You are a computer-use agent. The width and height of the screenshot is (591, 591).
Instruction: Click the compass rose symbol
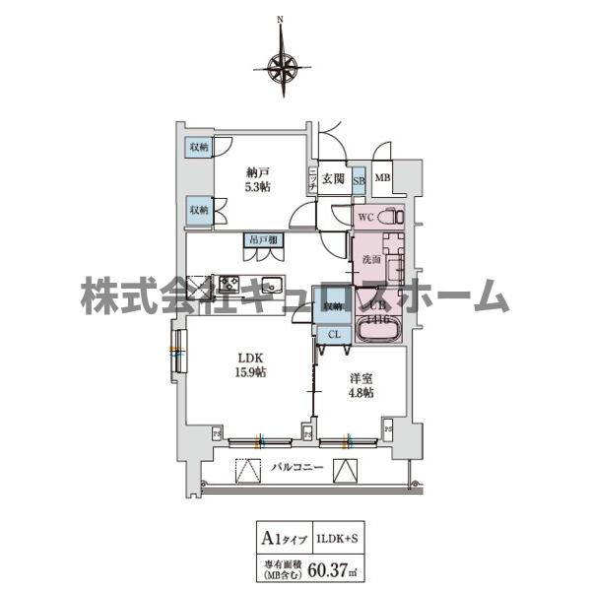[283, 67]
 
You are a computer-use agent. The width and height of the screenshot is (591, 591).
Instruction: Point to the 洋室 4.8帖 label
[360, 385]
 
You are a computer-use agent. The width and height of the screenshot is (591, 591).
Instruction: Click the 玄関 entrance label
[332, 179]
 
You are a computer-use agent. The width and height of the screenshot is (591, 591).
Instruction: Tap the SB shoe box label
[359, 179]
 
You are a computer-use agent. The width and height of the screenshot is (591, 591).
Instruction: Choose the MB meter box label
[383, 179]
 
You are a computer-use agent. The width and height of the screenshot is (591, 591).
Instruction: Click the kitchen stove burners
[230, 285]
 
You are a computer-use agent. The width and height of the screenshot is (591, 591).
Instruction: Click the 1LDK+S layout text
[344, 538]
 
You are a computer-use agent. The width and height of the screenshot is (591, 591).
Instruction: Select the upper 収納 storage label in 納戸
[200, 148]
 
